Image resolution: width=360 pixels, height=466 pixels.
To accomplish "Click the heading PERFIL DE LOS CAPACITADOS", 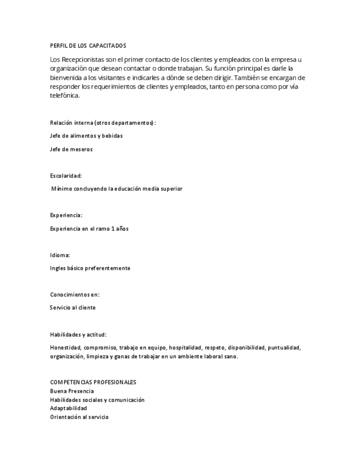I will pyautogui.click(x=87, y=45).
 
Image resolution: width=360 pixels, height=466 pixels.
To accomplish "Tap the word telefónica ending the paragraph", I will pyautogui.click(x=65, y=95).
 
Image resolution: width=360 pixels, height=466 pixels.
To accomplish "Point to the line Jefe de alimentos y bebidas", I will pyautogui.click(x=86, y=135).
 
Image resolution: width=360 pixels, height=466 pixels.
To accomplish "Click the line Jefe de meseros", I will pyautogui.click(x=71, y=149).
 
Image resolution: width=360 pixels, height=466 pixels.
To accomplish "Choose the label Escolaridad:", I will pyautogui.click(x=65, y=175).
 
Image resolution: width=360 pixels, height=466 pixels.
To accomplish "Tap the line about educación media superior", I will pyautogui.click(x=117, y=188).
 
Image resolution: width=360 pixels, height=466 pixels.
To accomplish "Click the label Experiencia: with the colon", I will pyautogui.click(x=66, y=215).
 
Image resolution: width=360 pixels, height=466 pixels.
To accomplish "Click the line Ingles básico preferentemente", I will pyautogui.click(x=90, y=268).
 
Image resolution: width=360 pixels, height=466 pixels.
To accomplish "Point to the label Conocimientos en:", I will pyautogui.click(x=75, y=295).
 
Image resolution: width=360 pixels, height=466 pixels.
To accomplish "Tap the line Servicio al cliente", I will pyautogui.click(x=73, y=308).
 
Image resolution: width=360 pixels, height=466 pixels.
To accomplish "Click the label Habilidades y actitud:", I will pyautogui.click(x=78, y=334).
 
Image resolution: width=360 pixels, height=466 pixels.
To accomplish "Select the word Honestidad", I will pyautogui.click(x=65, y=347).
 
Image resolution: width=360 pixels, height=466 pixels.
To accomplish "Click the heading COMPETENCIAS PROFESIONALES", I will pyautogui.click(x=93, y=382).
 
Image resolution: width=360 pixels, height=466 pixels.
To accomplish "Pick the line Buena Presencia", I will pyautogui.click(x=72, y=391).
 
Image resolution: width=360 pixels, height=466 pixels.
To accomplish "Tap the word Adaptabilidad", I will pyautogui.click(x=68, y=408).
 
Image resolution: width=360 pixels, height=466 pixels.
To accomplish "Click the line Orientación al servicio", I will pyautogui.click(x=79, y=417).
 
